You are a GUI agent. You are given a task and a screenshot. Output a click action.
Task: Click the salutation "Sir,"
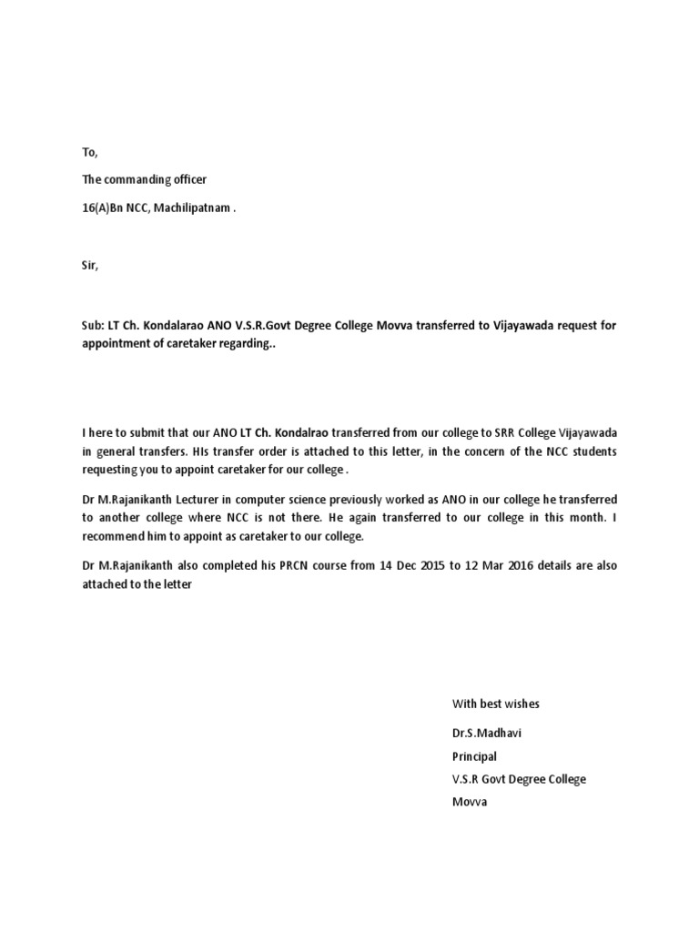(x=89, y=267)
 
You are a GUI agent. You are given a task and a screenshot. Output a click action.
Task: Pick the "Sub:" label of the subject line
(x=94, y=327)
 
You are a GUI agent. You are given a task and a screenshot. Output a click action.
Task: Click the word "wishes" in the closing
(x=522, y=704)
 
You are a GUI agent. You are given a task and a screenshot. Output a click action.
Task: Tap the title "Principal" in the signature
(x=475, y=755)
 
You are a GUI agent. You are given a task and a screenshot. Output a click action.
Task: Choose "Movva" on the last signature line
(x=470, y=803)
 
